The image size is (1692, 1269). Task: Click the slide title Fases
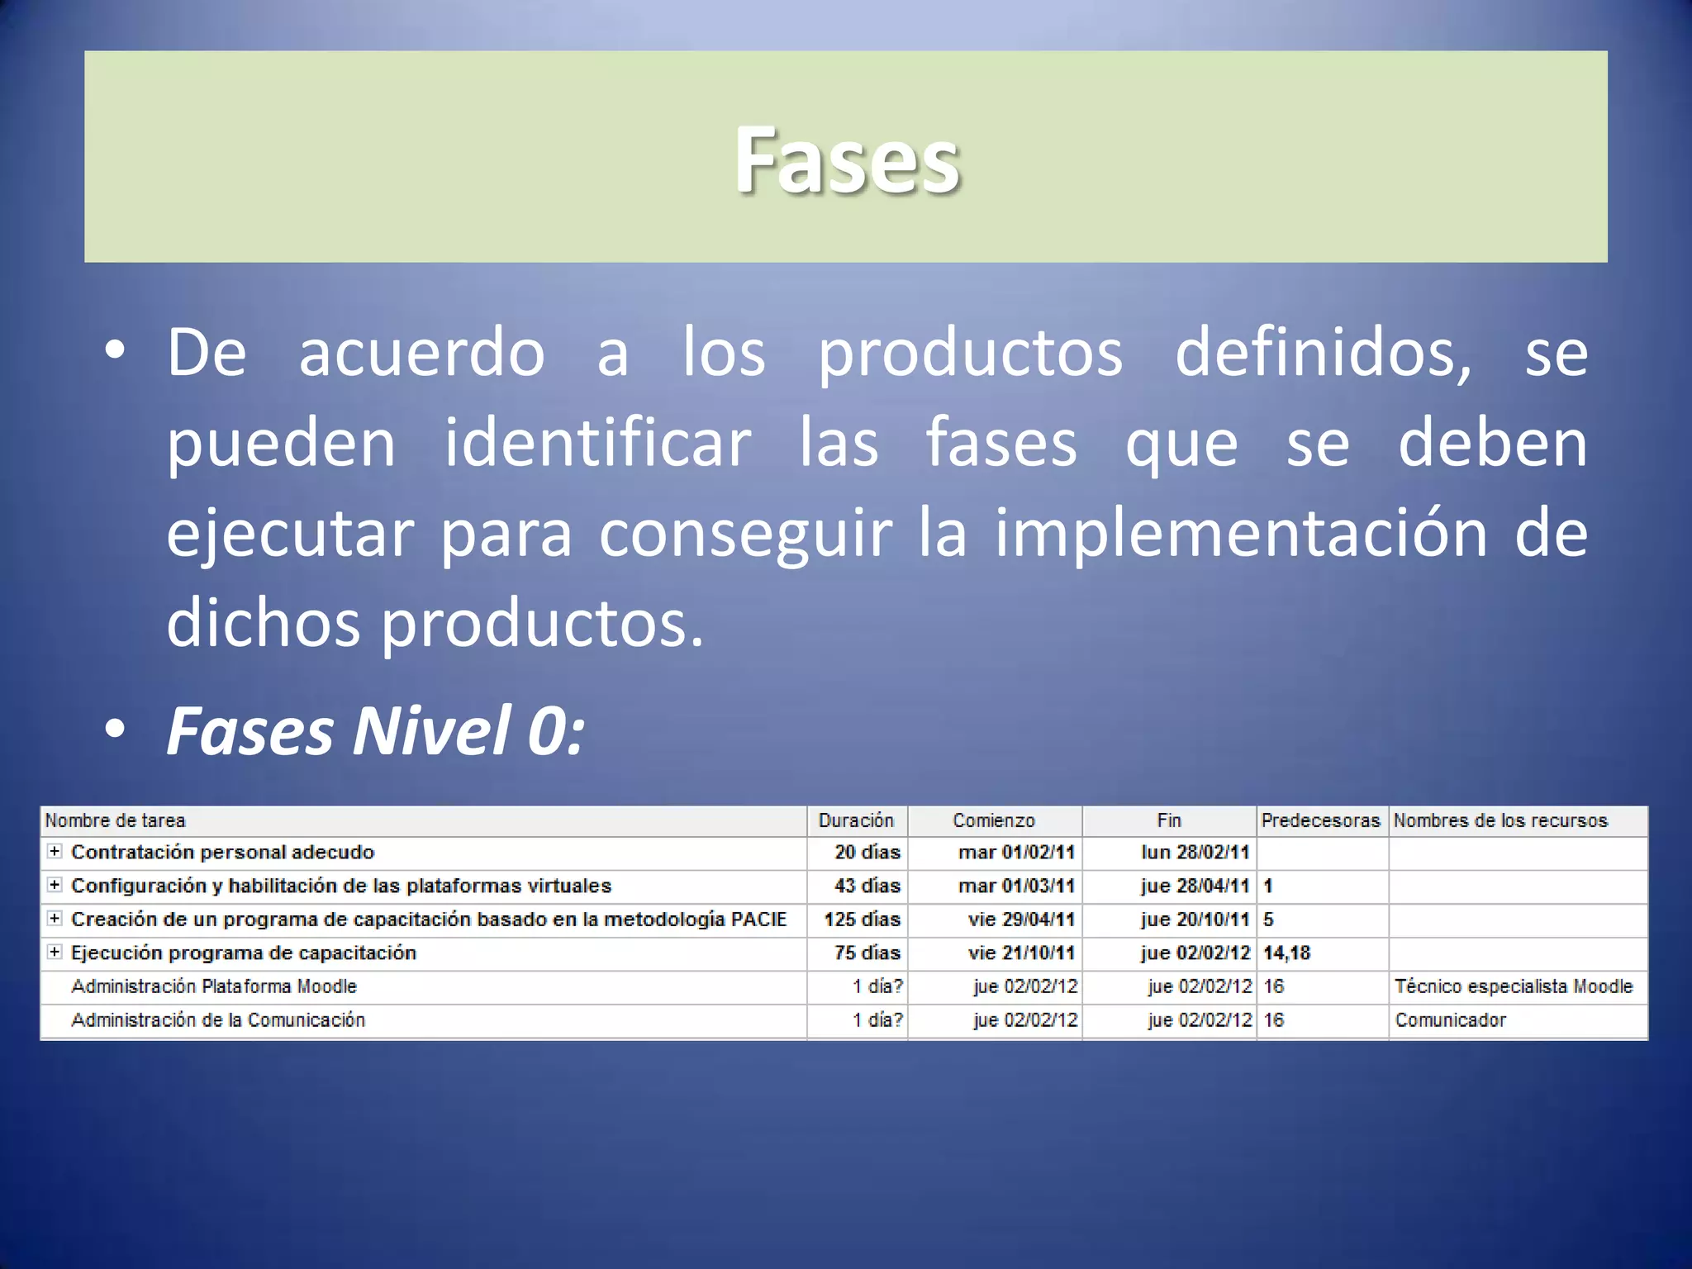point(847,160)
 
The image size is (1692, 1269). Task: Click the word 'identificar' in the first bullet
point(597,444)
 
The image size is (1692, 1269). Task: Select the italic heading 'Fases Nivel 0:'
point(376,731)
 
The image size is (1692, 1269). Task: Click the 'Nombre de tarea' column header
point(115,821)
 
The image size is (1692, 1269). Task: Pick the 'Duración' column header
point(856,821)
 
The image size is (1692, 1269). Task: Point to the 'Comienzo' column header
point(993,821)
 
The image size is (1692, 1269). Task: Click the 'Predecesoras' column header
point(1320,821)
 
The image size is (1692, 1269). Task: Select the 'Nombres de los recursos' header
point(1500,821)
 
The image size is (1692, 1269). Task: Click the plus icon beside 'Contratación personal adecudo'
point(55,852)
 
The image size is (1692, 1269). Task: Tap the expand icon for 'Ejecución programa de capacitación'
point(55,953)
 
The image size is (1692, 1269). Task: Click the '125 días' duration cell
point(862,920)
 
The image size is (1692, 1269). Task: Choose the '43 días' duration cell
point(867,886)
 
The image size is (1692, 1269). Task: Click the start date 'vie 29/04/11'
point(1021,920)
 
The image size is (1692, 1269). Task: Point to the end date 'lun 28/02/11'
point(1195,853)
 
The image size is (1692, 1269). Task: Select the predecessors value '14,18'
point(1286,953)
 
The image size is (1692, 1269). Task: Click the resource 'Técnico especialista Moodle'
point(1514,986)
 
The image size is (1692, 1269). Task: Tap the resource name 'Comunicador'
point(1450,1020)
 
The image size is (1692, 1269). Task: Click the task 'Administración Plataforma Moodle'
point(214,986)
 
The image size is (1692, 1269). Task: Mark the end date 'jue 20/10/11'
point(1195,920)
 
